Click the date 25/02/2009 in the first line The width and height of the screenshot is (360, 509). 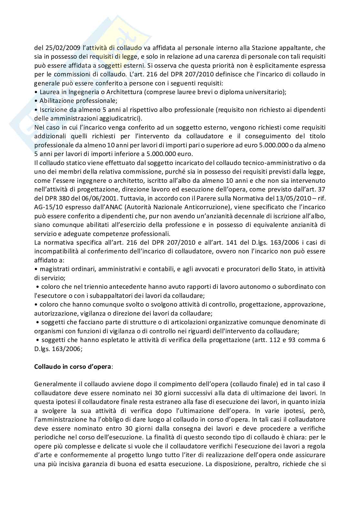(x=58, y=48)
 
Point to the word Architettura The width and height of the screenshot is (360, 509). (x=125, y=92)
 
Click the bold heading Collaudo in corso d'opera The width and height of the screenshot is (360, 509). (x=73, y=367)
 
